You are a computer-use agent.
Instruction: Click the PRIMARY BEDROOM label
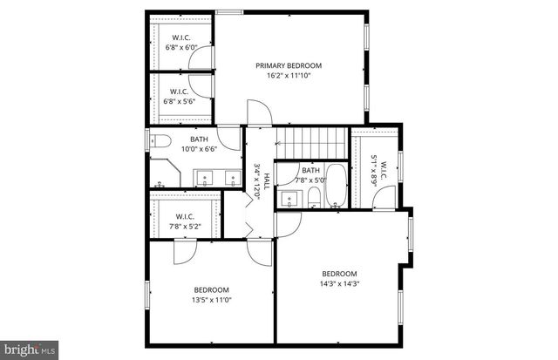(288, 65)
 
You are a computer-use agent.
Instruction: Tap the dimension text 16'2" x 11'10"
(288, 76)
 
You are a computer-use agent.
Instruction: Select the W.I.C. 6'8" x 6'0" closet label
(181, 37)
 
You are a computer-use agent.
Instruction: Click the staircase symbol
(313, 140)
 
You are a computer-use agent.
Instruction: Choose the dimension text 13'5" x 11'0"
(211, 300)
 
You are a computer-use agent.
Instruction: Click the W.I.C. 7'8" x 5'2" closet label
(184, 216)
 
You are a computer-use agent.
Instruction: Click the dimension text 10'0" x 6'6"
(200, 149)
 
